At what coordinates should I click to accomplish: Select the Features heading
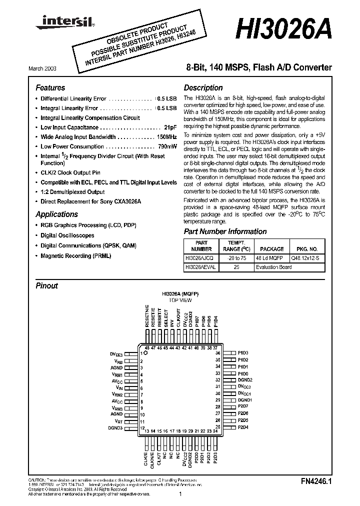pos(50,87)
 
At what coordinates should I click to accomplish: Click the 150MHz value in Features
pos(166,136)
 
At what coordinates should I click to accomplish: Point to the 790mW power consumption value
pos(166,146)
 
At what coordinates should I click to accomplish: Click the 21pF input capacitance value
pos(170,127)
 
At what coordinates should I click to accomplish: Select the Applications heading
pos(56,214)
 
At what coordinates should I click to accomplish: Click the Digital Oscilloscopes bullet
pos(67,235)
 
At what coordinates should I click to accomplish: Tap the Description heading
pos(203,87)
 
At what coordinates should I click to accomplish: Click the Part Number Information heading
pos(225,231)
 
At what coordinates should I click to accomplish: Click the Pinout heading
pos(47,286)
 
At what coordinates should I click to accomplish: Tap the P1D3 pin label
pos(243,353)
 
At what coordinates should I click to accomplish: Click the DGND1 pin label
pos(244,400)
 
